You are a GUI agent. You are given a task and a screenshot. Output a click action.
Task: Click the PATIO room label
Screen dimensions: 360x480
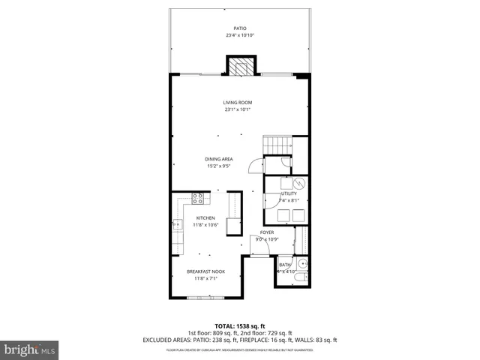point(239,28)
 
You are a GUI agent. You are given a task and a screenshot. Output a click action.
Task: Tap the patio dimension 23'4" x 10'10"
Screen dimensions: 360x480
point(239,35)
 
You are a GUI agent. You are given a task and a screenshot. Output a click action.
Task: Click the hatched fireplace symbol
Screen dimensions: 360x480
point(239,68)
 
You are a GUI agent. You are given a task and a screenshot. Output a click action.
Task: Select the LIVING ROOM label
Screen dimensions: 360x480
point(237,103)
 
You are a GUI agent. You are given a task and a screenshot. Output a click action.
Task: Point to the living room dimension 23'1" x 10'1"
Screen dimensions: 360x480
point(237,109)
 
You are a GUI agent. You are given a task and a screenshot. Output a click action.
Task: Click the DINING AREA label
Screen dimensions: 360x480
point(218,159)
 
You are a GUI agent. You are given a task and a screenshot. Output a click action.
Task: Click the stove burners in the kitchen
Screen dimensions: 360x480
point(199,199)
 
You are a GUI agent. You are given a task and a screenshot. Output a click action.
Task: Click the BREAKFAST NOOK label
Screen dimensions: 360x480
point(205,271)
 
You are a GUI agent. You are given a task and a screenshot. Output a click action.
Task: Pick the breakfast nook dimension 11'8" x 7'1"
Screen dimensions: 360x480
point(205,278)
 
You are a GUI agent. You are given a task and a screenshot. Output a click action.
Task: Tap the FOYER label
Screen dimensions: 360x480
point(267,232)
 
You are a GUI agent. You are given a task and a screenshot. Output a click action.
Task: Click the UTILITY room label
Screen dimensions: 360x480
point(289,193)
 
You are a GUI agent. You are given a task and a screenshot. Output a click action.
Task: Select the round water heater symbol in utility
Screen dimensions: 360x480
point(298,182)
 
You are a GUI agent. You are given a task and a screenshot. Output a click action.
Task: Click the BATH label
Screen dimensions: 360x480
point(285,265)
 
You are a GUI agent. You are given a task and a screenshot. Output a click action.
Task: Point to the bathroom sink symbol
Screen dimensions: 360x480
point(303,264)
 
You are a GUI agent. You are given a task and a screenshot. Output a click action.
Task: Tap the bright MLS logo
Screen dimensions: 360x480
point(30,350)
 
